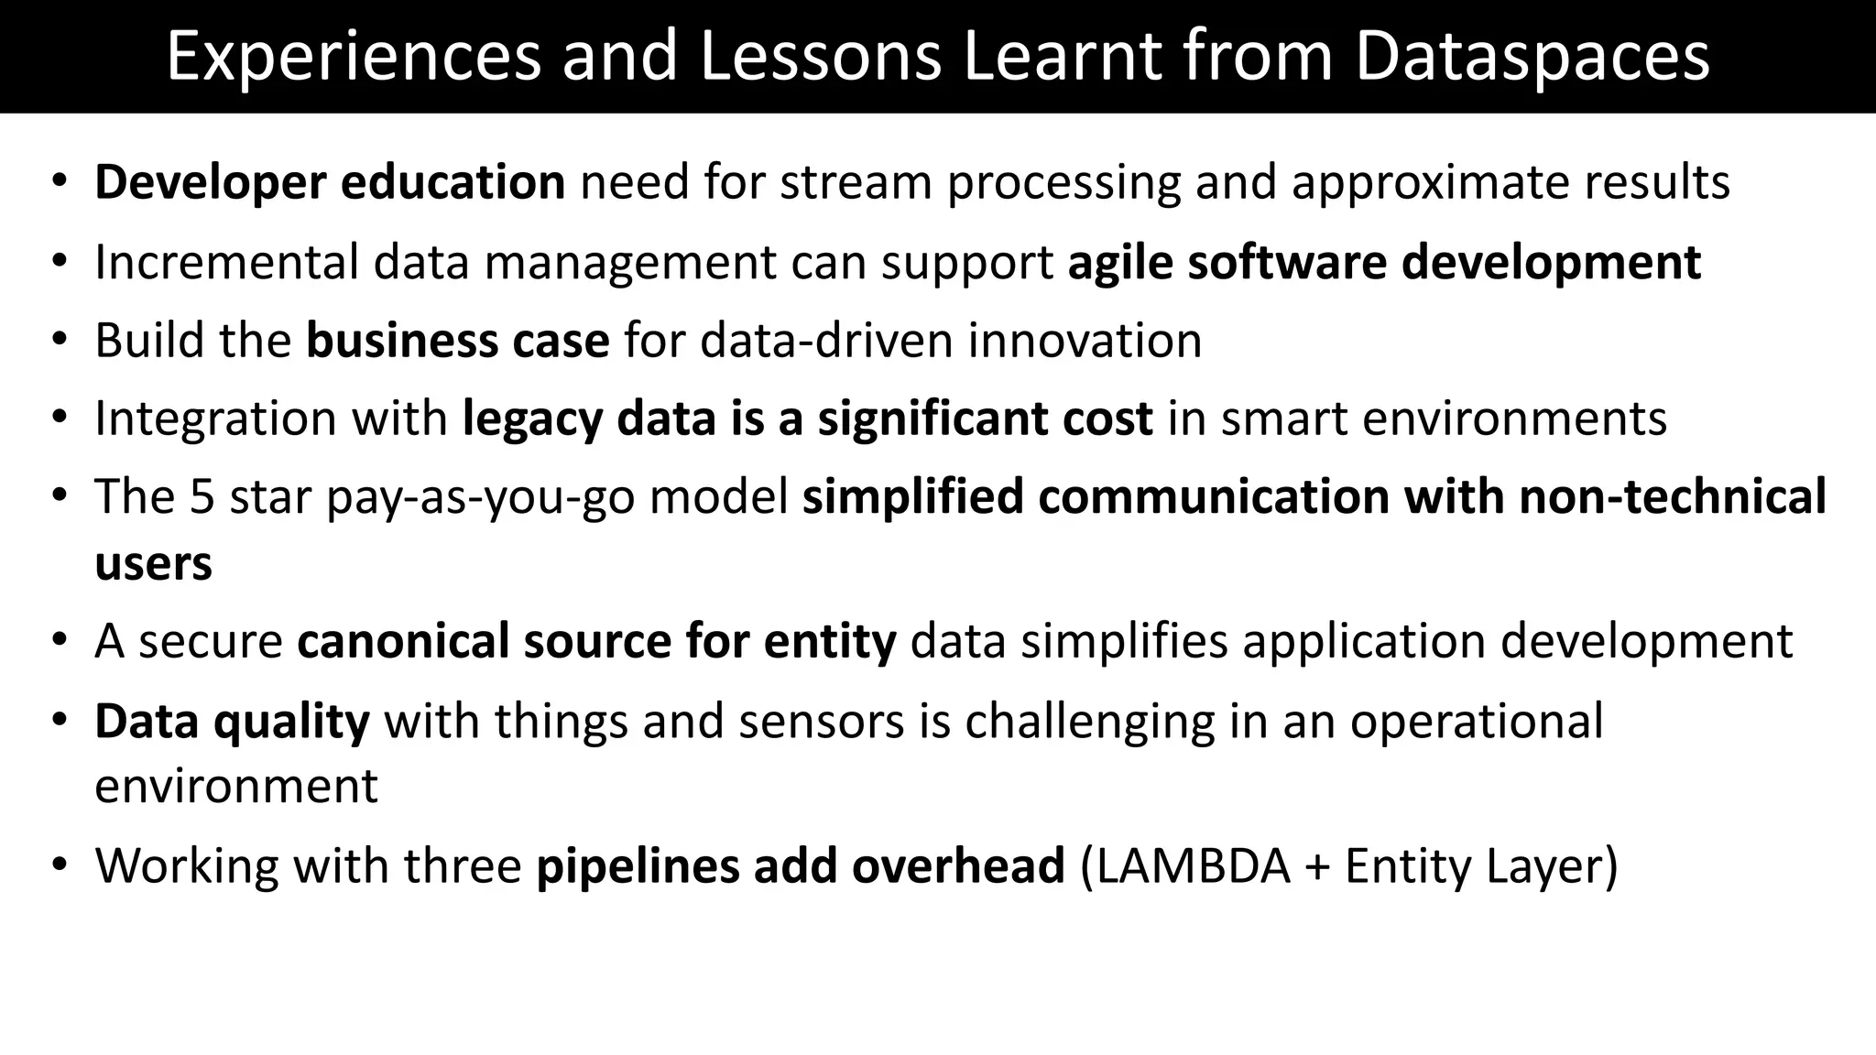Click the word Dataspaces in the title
(1532, 57)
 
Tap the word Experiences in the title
(354, 57)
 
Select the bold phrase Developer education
(330, 182)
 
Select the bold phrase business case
(457, 341)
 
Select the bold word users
(153, 563)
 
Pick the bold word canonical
(402, 641)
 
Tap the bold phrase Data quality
(232, 722)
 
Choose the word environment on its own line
(235, 787)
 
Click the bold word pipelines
(638, 866)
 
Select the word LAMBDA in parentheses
(1193, 866)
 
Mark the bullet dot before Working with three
(60, 865)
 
